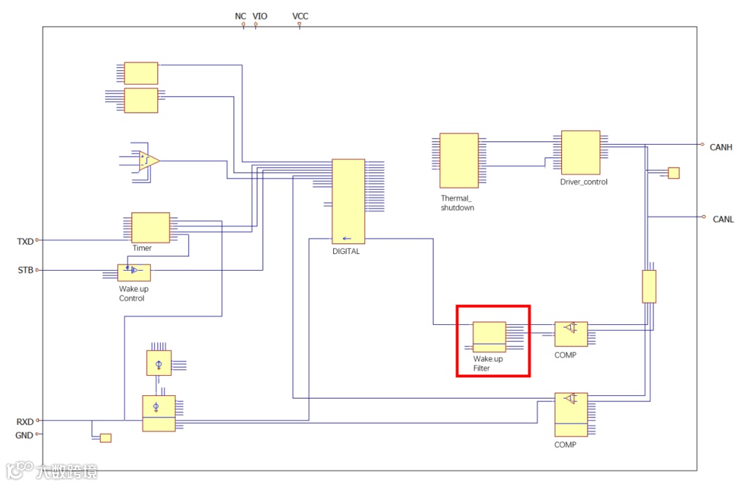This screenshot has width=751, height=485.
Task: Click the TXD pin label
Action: coord(25,241)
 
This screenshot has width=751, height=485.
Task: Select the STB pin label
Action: coord(25,270)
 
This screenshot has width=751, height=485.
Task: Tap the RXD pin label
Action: coord(25,421)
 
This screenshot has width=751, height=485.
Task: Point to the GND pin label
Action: coord(24,436)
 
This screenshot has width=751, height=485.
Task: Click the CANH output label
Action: coord(721,148)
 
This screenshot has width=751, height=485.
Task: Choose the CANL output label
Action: coord(723,219)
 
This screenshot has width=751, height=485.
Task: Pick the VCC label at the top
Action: coord(300,16)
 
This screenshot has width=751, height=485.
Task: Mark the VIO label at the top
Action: coord(259,16)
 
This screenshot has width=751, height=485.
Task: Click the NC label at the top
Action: coord(241,16)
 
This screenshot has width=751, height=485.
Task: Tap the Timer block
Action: coord(150,228)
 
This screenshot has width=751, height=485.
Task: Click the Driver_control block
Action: coord(581,152)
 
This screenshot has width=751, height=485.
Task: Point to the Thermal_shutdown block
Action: coord(459,160)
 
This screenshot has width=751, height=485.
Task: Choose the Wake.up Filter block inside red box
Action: coord(489,337)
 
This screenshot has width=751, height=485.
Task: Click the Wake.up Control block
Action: coord(134,272)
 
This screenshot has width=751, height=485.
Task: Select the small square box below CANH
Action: coord(673,173)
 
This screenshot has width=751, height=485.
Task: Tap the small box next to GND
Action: coord(106,438)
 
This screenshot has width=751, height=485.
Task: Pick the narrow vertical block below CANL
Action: coord(648,286)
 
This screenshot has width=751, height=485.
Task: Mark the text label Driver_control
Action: coord(583,182)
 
